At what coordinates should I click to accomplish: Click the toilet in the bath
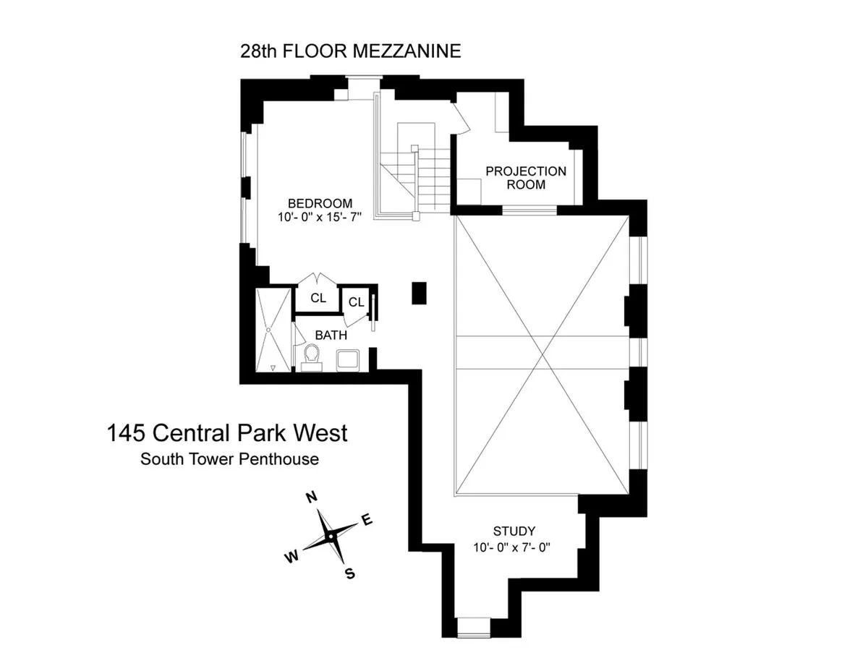[x=312, y=356]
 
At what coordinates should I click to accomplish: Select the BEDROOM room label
[x=320, y=203]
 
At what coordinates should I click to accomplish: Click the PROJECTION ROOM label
[x=526, y=178]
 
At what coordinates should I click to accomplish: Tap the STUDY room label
[x=514, y=531]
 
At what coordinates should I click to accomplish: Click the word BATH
[x=331, y=335]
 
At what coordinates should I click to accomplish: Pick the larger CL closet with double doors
[x=318, y=298]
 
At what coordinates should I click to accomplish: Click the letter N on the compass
[x=312, y=497]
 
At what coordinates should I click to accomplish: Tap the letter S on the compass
[x=350, y=574]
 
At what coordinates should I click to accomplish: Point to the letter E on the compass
[x=367, y=520]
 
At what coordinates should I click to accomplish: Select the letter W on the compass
[x=292, y=556]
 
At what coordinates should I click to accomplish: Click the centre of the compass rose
[x=330, y=537]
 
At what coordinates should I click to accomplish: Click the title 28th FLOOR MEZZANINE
[x=350, y=51]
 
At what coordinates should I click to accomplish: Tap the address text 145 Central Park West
[x=227, y=433]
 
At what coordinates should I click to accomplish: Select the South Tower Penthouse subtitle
[x=229, y=458]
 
